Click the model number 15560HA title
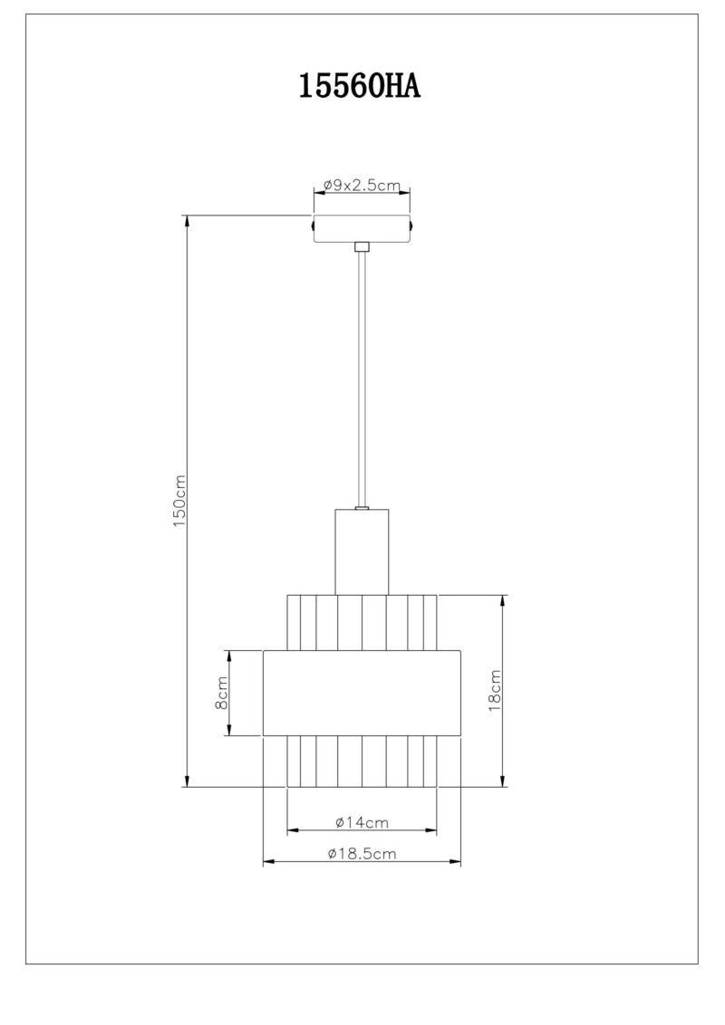359,86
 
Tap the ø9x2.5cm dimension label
362,185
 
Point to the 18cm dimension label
495,690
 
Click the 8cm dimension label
222,693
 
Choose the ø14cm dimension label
362,822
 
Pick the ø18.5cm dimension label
362,853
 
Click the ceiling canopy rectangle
362,228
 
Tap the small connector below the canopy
362,247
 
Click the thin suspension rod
362,379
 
